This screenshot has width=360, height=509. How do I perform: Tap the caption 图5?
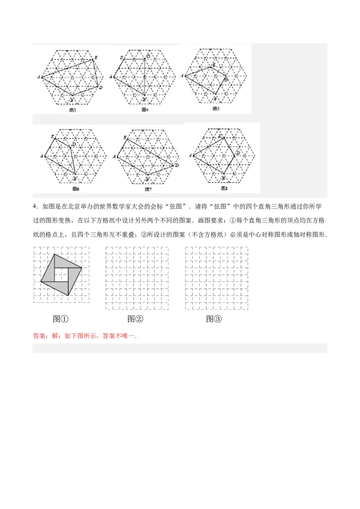pos(216,108)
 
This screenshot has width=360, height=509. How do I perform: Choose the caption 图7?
pos(147,189)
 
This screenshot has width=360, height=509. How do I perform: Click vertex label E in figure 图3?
pos(95,58)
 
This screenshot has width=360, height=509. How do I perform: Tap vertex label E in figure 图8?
pos(220,135)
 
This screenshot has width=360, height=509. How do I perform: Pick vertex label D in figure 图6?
pos(74,144)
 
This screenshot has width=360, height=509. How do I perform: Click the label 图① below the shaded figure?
pos(60,319)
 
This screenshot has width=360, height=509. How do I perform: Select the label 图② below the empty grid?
pos(135,319)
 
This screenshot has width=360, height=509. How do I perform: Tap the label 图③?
pos(214,319)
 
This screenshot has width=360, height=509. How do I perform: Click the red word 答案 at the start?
pos(40,336)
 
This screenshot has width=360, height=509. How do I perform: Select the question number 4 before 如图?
pos(34,206)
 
